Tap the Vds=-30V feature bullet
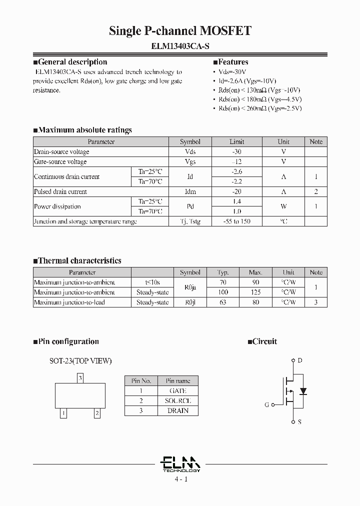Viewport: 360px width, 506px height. click(233, 72)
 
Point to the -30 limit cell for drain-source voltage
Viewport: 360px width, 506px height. click(237, 152)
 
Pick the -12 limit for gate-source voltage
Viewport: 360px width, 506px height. click(237, 162)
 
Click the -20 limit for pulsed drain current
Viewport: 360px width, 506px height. click(237, 192)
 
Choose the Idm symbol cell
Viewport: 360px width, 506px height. click(190, 192)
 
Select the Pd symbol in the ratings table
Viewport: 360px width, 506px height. click(190, 206)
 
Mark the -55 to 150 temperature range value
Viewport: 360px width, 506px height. click(237, 221)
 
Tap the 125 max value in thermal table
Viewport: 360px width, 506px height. click(255, 292)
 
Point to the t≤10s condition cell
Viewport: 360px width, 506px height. click(152, 282)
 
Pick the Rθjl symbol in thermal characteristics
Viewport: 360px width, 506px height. click(190, 302)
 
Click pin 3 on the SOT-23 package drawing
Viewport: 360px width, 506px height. click(80, 378)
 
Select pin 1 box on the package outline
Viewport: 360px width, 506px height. click(63, 413)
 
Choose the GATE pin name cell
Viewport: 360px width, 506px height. click(178, 391)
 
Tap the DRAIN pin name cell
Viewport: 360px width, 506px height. click(178, 411)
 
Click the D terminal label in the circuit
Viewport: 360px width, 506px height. click(299, 360)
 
